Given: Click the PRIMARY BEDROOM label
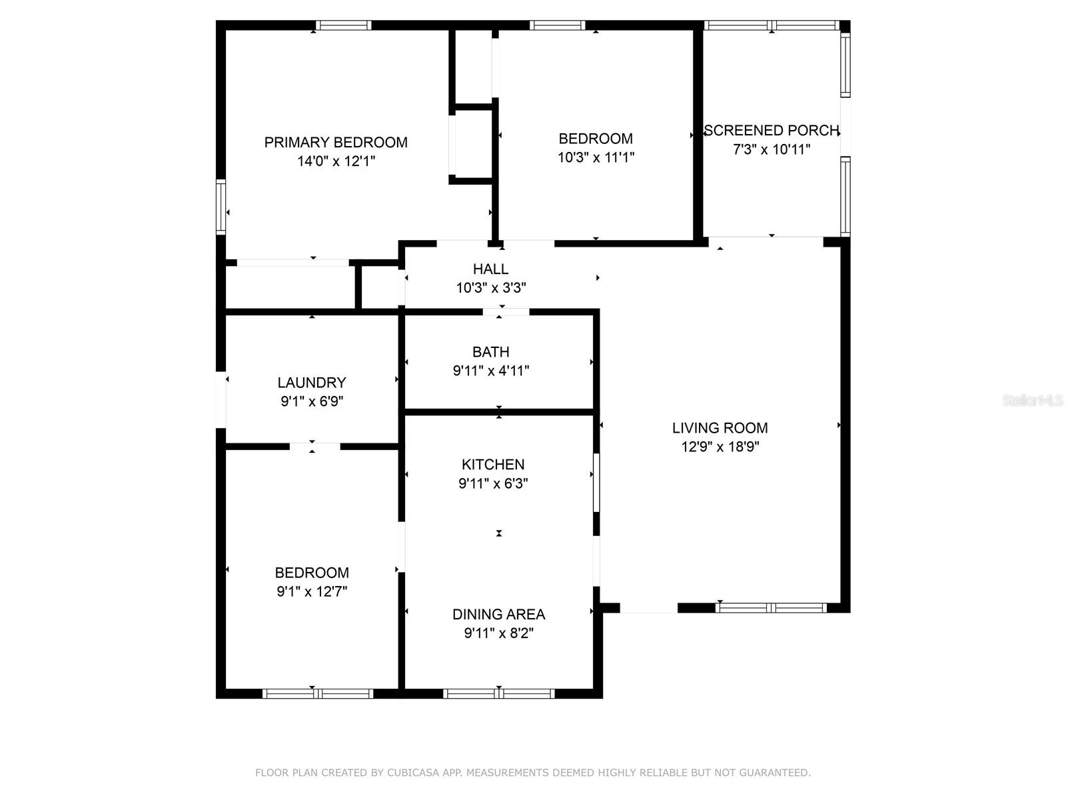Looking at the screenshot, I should pos(336,142).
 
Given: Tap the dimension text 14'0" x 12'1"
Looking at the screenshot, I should pos(336,161).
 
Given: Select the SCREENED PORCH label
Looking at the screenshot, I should pos(771,131).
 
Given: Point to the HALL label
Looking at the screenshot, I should pos(490,269).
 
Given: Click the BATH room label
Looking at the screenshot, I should pos(490,352).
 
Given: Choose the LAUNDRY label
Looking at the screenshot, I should pos(312,383).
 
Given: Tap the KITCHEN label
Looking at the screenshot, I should pos(493,465).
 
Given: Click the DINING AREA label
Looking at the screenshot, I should pos(498,615).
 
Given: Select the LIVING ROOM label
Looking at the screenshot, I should pos(720,428).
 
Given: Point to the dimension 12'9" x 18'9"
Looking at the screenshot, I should pos(720,447).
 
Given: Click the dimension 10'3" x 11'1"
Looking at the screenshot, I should pos(596,157).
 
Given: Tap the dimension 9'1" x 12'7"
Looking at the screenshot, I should pos(312,591).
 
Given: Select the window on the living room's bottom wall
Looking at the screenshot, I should pos(771,607).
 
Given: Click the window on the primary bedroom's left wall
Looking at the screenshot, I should pos(221,207).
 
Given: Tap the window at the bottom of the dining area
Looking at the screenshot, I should pos(498,693).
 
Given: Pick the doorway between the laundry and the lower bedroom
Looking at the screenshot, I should pos(314,446).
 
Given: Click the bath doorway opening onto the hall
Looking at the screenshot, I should pos(506,311).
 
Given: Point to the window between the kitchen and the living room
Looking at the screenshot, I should pos(596,483).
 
